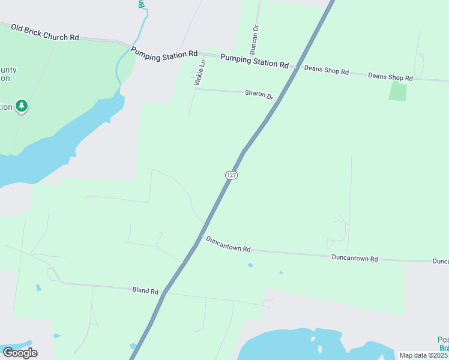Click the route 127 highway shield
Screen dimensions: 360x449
pos(232,175)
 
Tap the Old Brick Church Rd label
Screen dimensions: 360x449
pos(45,33)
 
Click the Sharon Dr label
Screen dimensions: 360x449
pos(259,95)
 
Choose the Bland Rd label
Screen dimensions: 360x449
pos(146,290)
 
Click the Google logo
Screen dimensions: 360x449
pos(20,352)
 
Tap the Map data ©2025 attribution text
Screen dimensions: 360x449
pos(424,355)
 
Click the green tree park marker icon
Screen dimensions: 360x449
pos(22,106)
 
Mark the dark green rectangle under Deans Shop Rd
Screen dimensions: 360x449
pos(397,91)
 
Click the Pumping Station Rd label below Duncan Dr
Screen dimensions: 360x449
pos(254,61)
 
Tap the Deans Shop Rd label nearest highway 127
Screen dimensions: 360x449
pos(327,70)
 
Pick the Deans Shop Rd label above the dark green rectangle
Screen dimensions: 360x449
pos(390,77)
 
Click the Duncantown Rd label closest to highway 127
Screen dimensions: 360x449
pos(228,244)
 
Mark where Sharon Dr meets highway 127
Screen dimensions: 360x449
pos(277,103)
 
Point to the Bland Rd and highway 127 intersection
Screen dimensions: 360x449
pos(164,293)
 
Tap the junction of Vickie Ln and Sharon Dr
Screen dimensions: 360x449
pos(195,89)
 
